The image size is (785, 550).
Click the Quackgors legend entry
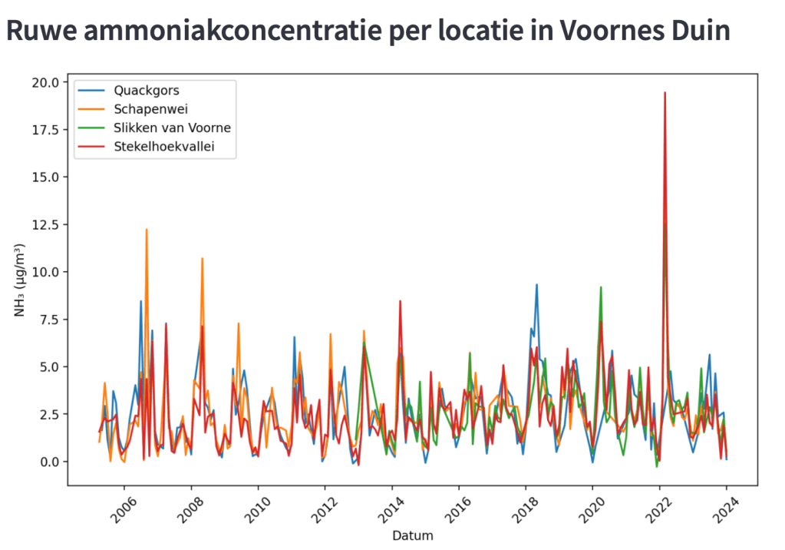[x=146, y=91]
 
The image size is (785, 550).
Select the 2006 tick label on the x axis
[x=124, y=508]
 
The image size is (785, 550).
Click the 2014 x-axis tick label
[x=391, y=508]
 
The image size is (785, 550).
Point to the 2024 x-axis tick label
[x=724, y=508]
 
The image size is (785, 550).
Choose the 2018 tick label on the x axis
[x=524, y=508]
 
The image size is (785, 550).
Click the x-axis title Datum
[x=412, y=535]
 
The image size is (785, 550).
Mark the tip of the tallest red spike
[x=665, y=93]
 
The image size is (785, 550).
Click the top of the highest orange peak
[x=146, y=230]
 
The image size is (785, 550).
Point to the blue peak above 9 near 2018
[x=536, y=285]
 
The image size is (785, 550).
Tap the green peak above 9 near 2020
[x=601, y=287]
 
